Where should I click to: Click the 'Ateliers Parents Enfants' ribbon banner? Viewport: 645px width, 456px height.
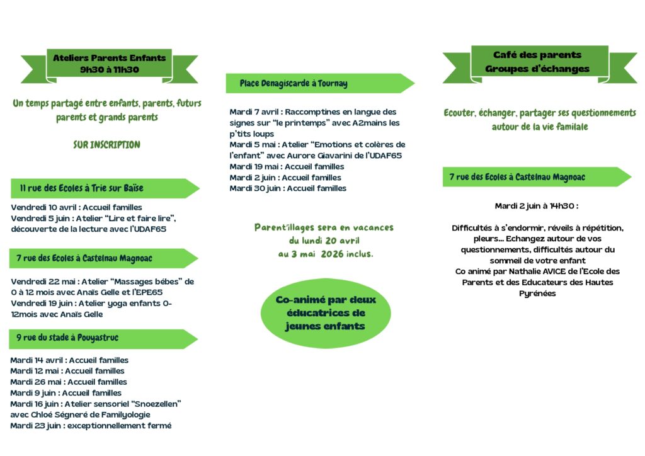coord(110,64)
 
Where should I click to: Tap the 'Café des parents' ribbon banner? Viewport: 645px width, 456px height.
coord(537,62)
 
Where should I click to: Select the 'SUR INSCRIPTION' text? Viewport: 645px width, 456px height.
coord(106,145)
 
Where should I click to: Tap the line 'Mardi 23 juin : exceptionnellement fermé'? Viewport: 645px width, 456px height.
coord(91,425)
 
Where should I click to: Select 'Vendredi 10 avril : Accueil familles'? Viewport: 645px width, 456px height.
coord(76,207)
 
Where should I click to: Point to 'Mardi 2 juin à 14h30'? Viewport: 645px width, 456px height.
coord(536,206)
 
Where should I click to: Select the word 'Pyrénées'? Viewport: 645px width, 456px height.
coord(537,293)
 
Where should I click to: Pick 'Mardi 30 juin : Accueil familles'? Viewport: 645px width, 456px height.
coord(287,188)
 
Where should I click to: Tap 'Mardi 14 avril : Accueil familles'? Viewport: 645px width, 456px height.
coord(69,360)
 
